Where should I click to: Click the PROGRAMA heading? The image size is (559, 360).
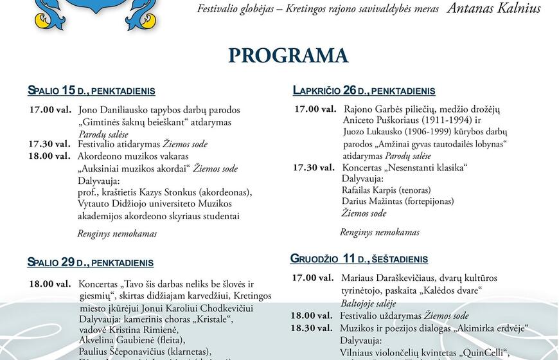[x=288, y=55]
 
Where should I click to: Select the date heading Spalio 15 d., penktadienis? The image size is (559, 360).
[x=91, y=91]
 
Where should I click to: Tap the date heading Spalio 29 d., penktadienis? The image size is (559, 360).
[x=91, y=262]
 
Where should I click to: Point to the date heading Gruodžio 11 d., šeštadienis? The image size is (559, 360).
[x=359, y=259]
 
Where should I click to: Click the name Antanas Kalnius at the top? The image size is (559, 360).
[x=494, y=8]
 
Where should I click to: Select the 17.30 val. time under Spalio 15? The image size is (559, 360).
[x=49, y=144]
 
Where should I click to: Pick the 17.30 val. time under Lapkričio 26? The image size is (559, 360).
[x=314, y=168]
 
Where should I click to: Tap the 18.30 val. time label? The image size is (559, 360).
[x=312, y=328]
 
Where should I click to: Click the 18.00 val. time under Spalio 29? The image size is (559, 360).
[x=49, y=283]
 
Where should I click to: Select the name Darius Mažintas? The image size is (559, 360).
[x=374, y=202]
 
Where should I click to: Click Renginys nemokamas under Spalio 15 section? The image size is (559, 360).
[x=117, y=234]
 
